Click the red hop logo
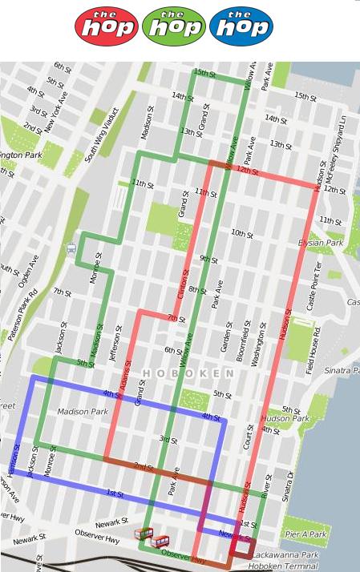(x=107, y=26)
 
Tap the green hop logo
(x=174, y=26)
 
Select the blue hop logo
(x=241, y=26)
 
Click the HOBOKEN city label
(x=188, y=374)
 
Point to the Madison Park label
(x=83, y=412)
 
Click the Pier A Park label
(x=305, y=534)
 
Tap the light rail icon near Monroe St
(x=71, y=248)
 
